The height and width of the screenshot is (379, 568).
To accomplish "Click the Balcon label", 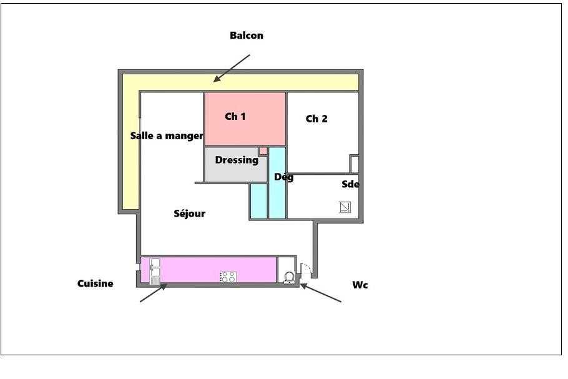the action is pos(247,36).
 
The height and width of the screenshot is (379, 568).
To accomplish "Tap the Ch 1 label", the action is pos(235,116).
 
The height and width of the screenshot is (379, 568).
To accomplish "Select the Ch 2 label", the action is pos(316,119).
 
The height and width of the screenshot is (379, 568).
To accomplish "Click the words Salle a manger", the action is pos(167,136).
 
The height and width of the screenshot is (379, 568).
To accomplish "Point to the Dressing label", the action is pos(237,160).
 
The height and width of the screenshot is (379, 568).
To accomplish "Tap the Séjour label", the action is pos(190,214).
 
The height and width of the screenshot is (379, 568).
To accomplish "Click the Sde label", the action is pos(350,184).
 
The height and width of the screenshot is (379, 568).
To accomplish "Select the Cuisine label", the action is pos(95,283).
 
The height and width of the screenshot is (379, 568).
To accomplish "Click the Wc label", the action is pos(360,285).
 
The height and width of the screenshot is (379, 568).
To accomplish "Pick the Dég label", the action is pos(283,177).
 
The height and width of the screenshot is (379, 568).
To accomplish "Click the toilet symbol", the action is pos(289,278).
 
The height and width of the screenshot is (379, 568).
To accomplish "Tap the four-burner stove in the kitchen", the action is pos(228,277).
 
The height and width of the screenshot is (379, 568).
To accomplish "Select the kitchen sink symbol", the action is pos(155,272).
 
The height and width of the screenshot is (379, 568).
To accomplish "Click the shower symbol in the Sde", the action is pos(345,207).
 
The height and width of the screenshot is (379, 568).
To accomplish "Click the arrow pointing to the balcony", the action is pos(232,69).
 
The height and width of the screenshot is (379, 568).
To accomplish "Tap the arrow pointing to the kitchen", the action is pos(154,293).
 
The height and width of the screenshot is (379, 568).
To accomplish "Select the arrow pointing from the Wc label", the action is pos(321,293).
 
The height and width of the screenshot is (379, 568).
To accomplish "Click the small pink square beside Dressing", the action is pos(263,151).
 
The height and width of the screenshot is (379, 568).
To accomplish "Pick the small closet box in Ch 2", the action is pos(355,164).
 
